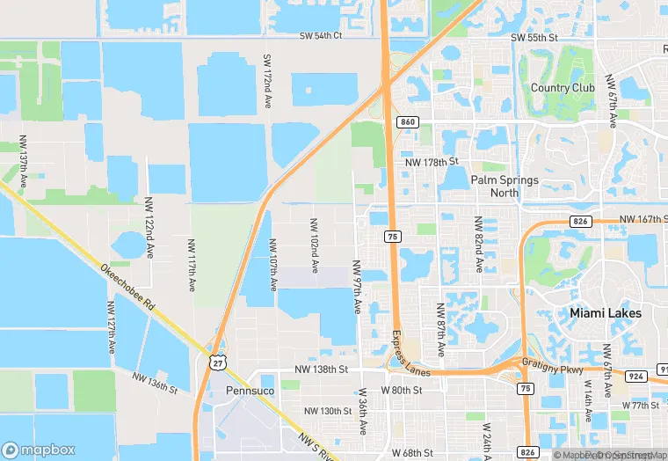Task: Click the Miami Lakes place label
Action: pos(605,313)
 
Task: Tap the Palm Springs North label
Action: pos(505,186)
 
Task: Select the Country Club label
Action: pos(563,88)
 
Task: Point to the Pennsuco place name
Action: pos(250,389)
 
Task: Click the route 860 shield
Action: pos(406,121)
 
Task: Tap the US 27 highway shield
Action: pos(217,362)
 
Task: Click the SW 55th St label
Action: pos(534,39)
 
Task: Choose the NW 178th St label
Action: pos(432,162)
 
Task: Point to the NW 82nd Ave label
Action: pos(478,245)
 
